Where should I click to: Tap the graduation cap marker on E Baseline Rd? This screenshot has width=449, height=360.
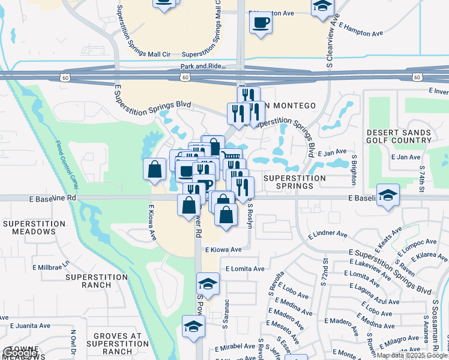click(388, 196)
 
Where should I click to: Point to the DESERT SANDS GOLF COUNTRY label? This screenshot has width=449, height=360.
click(399, 136)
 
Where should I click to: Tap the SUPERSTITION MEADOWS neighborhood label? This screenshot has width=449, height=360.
click(34, 228)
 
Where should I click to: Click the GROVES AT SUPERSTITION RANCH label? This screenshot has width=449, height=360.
click(113, 344)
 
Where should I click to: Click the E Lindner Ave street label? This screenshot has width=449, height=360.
click(327, 234)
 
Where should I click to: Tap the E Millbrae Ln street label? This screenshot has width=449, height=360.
click(51, 265)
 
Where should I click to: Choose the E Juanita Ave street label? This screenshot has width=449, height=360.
click(29, 326)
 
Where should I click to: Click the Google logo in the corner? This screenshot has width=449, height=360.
click(20, 353)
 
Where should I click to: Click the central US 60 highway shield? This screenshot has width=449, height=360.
click(185, 77)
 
